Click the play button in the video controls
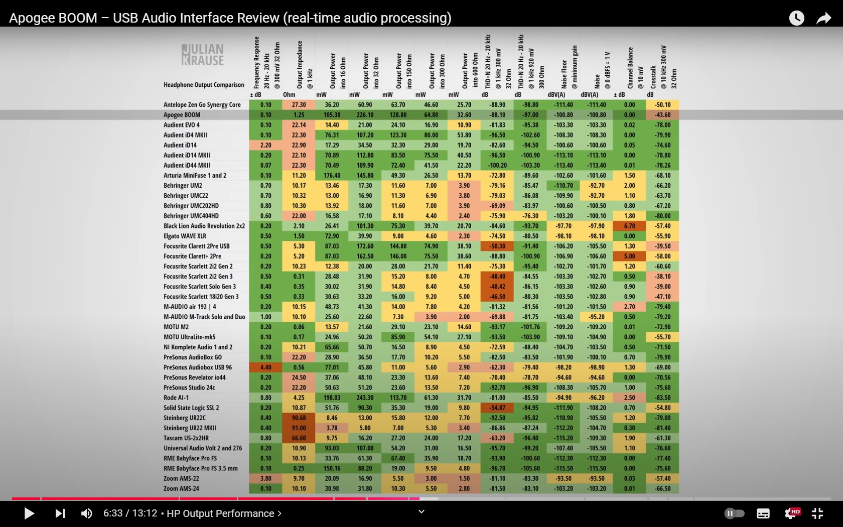point(29,513)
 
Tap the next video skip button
point(60,513)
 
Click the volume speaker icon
point(86,513)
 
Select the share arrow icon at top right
point(823,19)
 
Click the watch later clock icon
point(796,19)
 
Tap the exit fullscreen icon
point(817,513)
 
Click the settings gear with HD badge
point(791,513)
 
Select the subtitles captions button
point(763,513)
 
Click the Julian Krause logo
point(203,55)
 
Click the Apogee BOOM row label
point(182,115)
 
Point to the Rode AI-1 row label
point(176,398)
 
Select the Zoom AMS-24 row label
point(181,488)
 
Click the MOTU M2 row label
point(176,327)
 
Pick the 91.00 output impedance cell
point(299,428)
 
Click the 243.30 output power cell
point(365,398)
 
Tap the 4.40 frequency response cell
point(265,367)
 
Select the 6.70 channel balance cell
point(629,226)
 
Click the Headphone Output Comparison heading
point(204,85)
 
